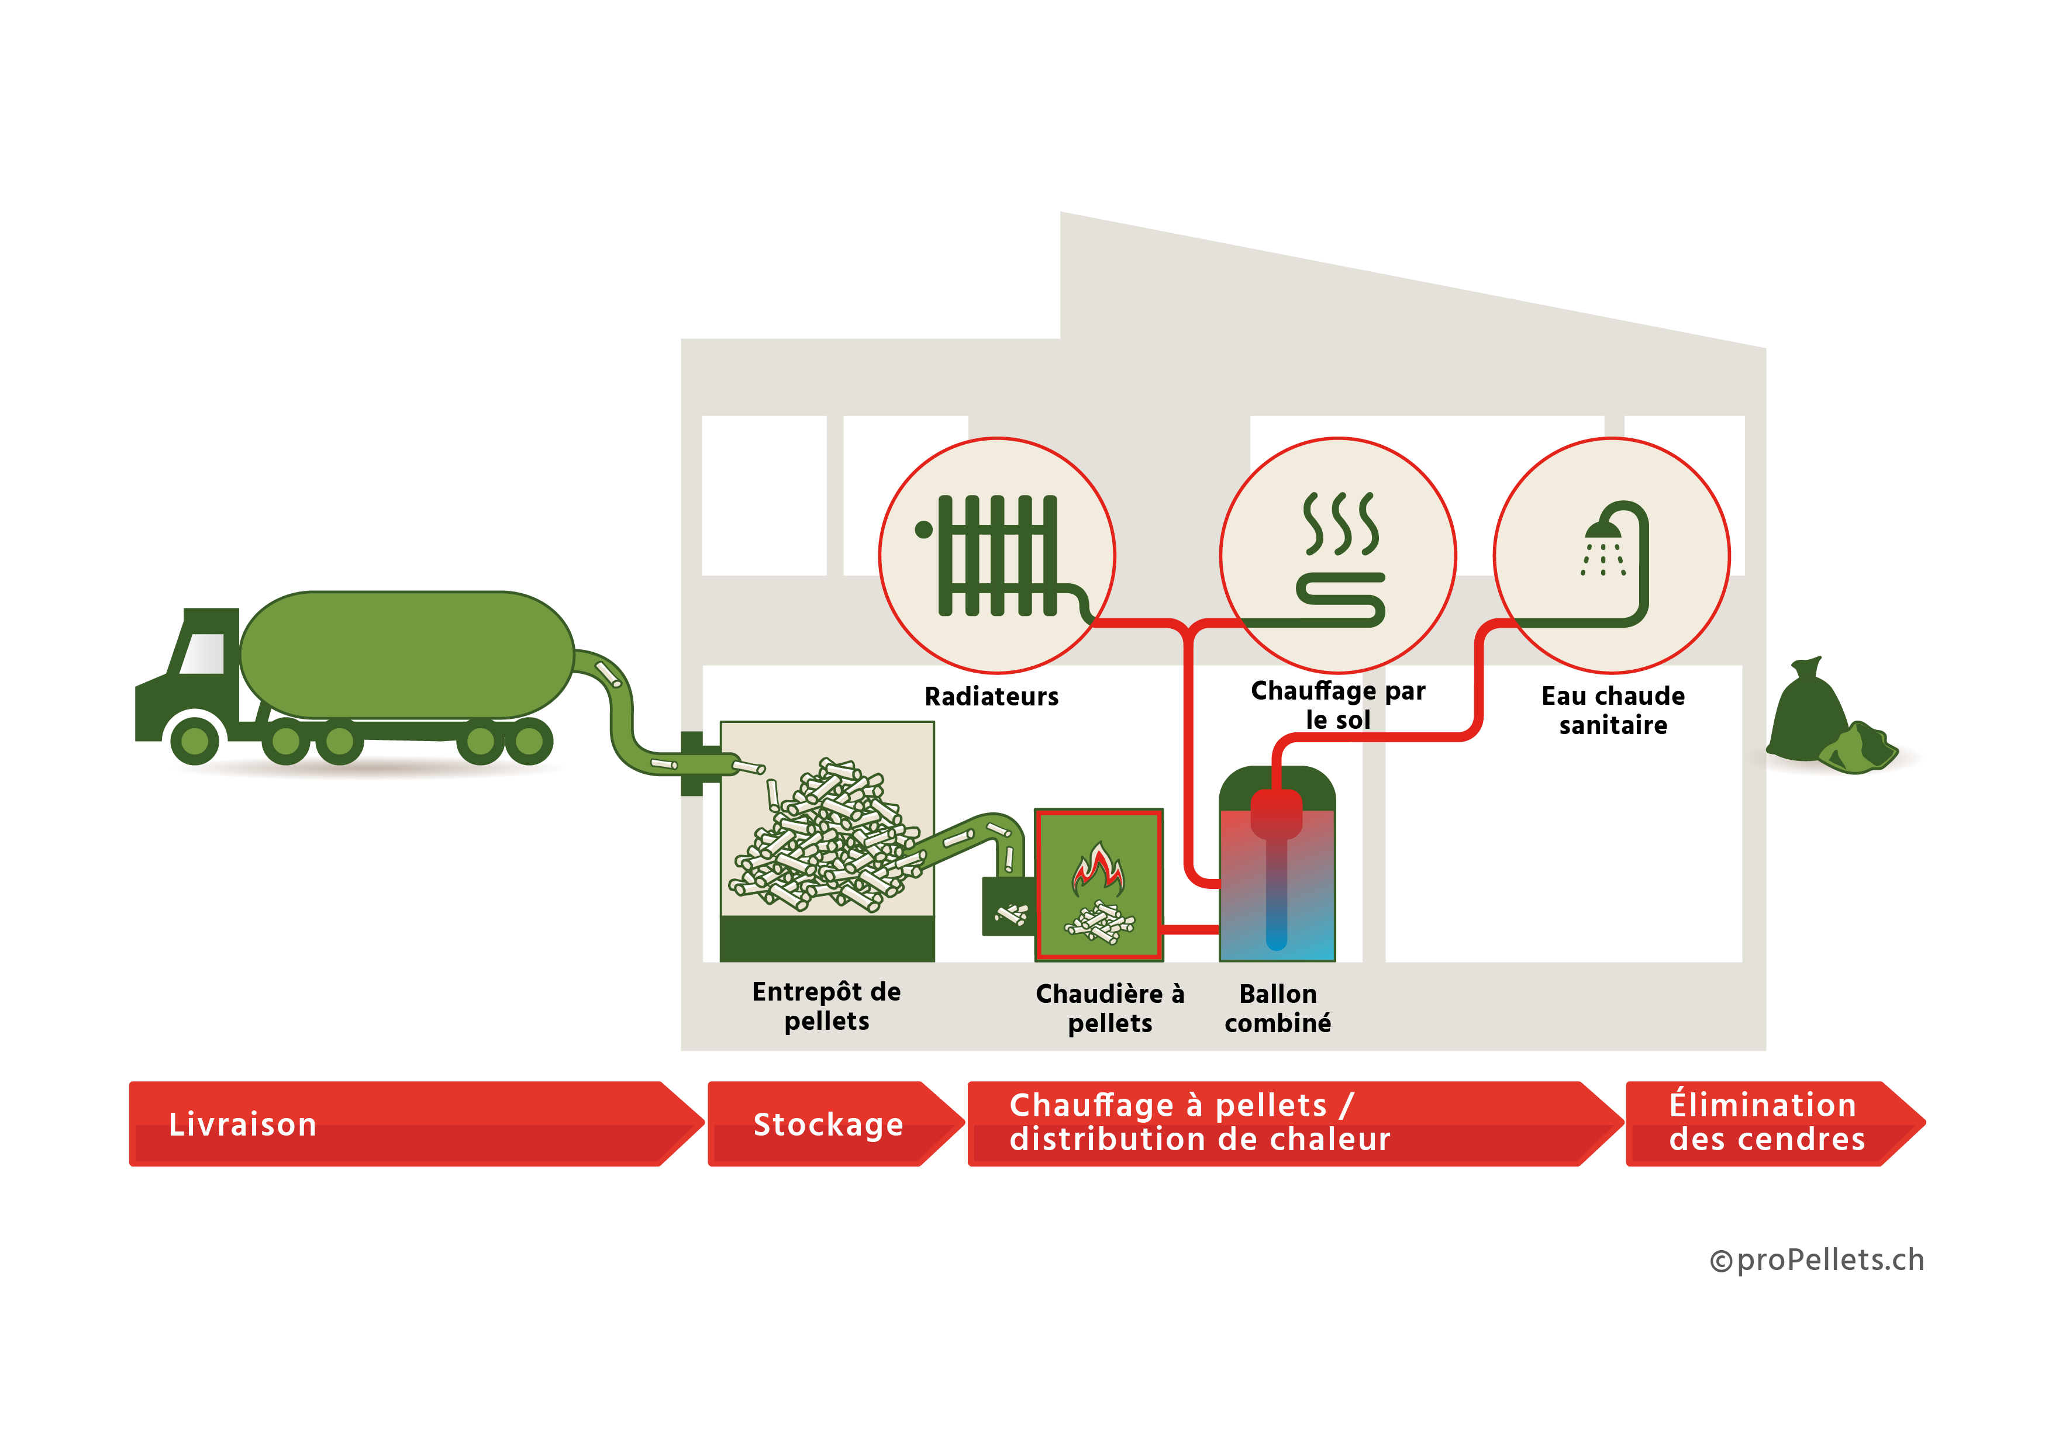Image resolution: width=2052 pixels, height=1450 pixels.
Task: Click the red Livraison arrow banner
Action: click(402, 1123)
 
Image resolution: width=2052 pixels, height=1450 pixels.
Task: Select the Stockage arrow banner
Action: click(829, 1123)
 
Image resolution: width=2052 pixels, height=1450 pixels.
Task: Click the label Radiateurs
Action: click(991, 697)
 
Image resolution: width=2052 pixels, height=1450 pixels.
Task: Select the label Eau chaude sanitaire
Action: click(1613, 710)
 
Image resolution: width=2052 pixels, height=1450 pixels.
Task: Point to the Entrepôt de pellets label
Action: click(827, 1006)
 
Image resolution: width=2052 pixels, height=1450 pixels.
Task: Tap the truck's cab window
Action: click(203, 653)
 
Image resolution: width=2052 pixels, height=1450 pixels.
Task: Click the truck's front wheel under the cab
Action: click(195, 740)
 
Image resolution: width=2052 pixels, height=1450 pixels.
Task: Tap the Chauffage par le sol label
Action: click(1338, 705)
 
